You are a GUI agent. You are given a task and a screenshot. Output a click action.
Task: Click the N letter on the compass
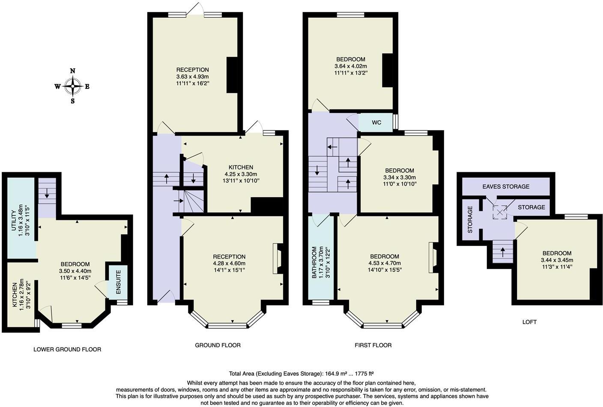[73, 71]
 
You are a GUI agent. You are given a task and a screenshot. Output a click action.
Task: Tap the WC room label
[376, 123]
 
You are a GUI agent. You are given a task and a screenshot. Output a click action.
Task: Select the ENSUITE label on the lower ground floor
[119, 282]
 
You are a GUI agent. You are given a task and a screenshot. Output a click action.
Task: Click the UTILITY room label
[13, 221]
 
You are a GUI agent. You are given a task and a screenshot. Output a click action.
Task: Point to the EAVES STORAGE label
[506, 186]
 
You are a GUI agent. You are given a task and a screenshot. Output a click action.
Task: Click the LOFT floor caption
[529, 322]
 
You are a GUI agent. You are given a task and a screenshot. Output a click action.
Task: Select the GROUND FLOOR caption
[218, 345]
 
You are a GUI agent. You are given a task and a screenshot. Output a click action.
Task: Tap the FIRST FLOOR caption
[373, 345]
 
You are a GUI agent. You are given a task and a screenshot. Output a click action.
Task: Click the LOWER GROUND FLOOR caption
[67, 349]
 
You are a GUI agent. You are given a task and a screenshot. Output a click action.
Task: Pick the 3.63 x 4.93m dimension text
[192, 77]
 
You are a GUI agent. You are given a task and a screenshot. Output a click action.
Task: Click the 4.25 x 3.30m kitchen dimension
[241, 174]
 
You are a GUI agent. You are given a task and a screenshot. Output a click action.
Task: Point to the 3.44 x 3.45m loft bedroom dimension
[557, 260]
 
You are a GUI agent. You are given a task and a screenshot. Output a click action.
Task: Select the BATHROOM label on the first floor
[314, 262]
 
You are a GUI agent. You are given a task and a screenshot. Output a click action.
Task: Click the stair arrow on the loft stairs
[502, 251]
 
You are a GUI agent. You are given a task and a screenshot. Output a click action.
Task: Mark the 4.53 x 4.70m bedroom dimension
[385, 263]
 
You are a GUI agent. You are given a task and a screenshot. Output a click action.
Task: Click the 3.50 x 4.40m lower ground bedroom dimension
[75, 271]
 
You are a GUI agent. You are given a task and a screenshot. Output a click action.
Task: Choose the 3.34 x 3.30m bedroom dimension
[399, 177]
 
